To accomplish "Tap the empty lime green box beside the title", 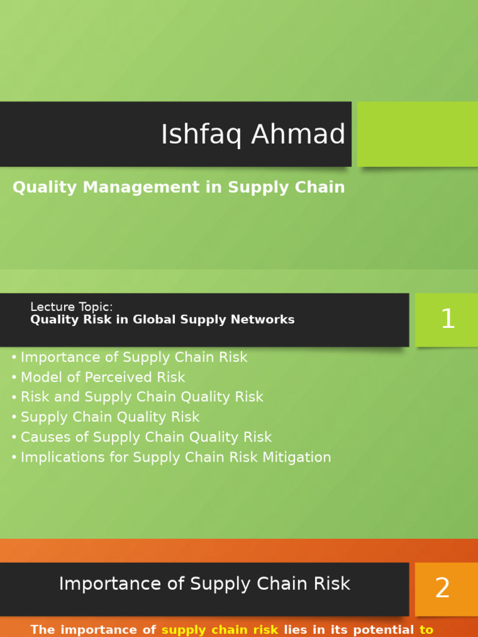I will point(417,134).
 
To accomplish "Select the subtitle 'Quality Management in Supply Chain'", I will point(179,187).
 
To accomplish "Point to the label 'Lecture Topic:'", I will point(72,307).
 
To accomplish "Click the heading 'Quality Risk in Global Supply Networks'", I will point(162,320).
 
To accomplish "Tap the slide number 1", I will point(448,320).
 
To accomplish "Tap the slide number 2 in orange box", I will point(443,588).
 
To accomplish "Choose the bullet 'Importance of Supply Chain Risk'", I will point(134,357).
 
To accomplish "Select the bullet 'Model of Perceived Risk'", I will point(103,377).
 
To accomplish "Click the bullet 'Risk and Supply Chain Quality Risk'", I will point(142,397).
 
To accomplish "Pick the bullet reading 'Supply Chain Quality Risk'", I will point(110,417).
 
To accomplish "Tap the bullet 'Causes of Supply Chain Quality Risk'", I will point(146,437).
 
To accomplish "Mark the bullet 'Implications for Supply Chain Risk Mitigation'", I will point(176,457).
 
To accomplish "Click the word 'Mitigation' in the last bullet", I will point(300,457).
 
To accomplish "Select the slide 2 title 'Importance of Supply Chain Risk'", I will point(205,584).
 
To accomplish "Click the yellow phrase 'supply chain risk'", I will point(220,630).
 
